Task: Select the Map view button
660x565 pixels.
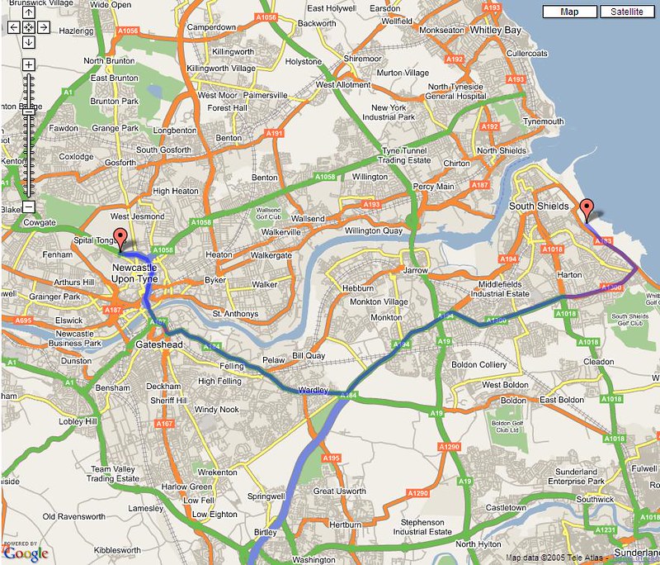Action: click(569, 12)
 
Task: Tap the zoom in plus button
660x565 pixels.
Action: click(29, 64)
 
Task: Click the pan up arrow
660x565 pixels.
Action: click(29, 12)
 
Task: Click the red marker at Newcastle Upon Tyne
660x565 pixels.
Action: click(120, 239)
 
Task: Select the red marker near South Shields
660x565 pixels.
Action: click(587, 210)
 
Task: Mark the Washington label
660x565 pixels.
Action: click(314, 559)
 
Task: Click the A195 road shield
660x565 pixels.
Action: click(332, 458)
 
